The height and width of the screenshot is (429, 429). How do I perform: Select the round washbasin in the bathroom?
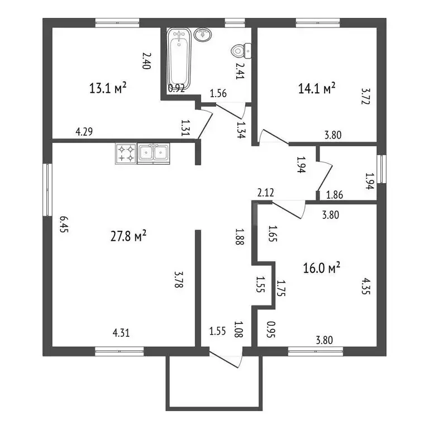pyautogui.click(x=203, y=35)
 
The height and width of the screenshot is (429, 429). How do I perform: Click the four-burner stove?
pyautogui.click(x=126, y=154)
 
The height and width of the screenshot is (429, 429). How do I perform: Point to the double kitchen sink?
pyautogui.click(x=154, y=154)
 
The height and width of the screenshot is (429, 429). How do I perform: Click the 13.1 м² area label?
pyautogui.click(x=108, y=88)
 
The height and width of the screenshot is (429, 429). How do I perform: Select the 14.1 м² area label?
pyautogui.click(x=317, y=88)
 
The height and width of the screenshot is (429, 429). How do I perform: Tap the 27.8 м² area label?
pyautogui.click(x=128, y=236)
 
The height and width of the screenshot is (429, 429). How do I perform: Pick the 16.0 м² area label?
pyautogui.click(x=322, y=268)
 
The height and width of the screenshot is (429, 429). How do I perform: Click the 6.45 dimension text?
pyautogui.click(x=64, y=224)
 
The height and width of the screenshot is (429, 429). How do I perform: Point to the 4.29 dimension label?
pyautogui.click(x=84, y=132)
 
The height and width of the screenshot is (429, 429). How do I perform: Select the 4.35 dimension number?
pyautogui.click(x=366, y=286)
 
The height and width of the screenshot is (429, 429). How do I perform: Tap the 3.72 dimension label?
pyautogui.click(x=366, y=96)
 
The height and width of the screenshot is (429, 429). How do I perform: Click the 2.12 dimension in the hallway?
pyautogui.click(x=266, y=193)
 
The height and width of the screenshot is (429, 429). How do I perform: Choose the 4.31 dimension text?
pyautogui.click(x=121, y=333)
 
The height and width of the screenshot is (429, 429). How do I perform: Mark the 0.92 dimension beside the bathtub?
pyautogui.click(x=177, y=88)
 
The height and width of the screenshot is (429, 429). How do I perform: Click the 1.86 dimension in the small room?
pyautogui.click(x=335, y=195)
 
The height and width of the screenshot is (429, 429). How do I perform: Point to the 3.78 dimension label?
pyautogui.click(x=178, y=279)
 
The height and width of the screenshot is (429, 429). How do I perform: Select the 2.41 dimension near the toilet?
pyautogui.click(x=240, y=71)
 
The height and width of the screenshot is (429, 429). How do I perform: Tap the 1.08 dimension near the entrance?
pyautogui.click(x=239, y=329)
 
